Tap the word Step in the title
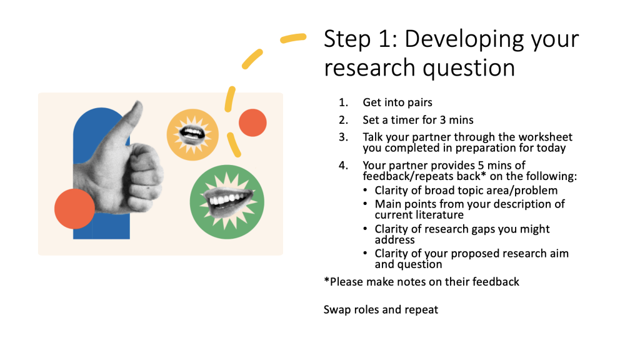click(347, 39)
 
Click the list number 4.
click(342, 165)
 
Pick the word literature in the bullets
click(439, 215)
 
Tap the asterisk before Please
click(326, 280)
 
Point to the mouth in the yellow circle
click(192, 134)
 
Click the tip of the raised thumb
click(138, 104)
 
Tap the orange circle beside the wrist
click(75, 209)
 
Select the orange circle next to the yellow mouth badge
click(252, 122)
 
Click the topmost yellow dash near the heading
click(293, 38)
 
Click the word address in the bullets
click(395, 239)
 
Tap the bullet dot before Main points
click(365, 204)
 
